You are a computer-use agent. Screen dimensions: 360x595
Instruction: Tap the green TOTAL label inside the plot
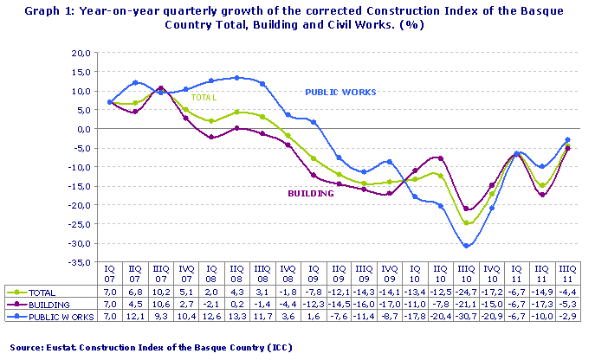click(x=204, y=98)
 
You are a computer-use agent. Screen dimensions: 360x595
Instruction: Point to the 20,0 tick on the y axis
click(x=79, y=53)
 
